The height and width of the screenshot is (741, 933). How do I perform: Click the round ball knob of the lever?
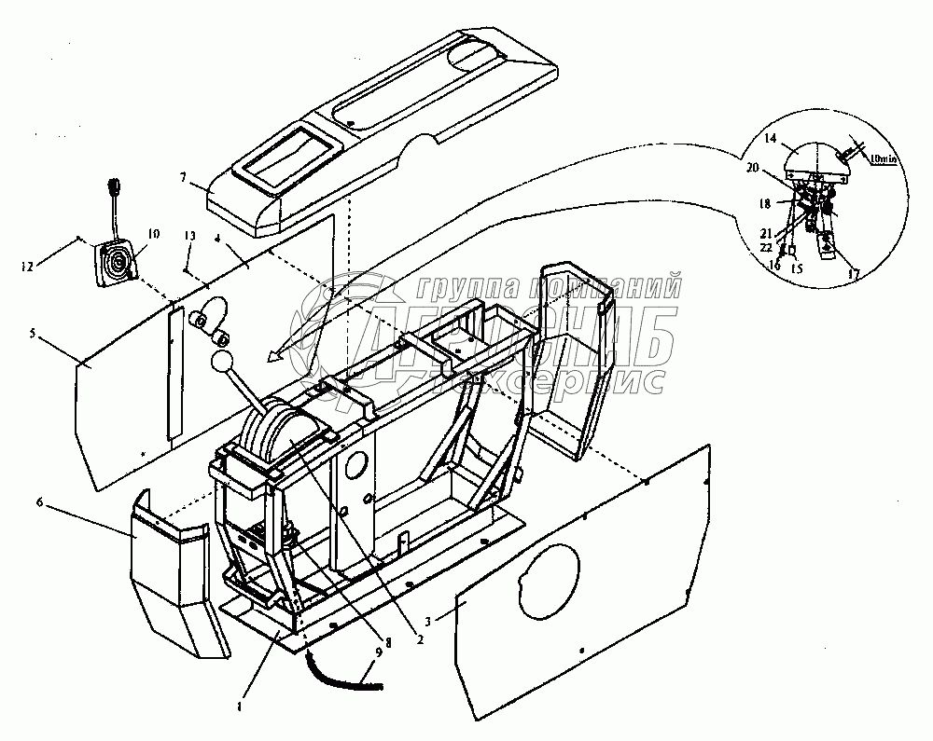pos(222,362)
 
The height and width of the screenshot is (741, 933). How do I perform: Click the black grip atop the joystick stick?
pos(114,186)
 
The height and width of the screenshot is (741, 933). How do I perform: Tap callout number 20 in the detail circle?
pos(752,169)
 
